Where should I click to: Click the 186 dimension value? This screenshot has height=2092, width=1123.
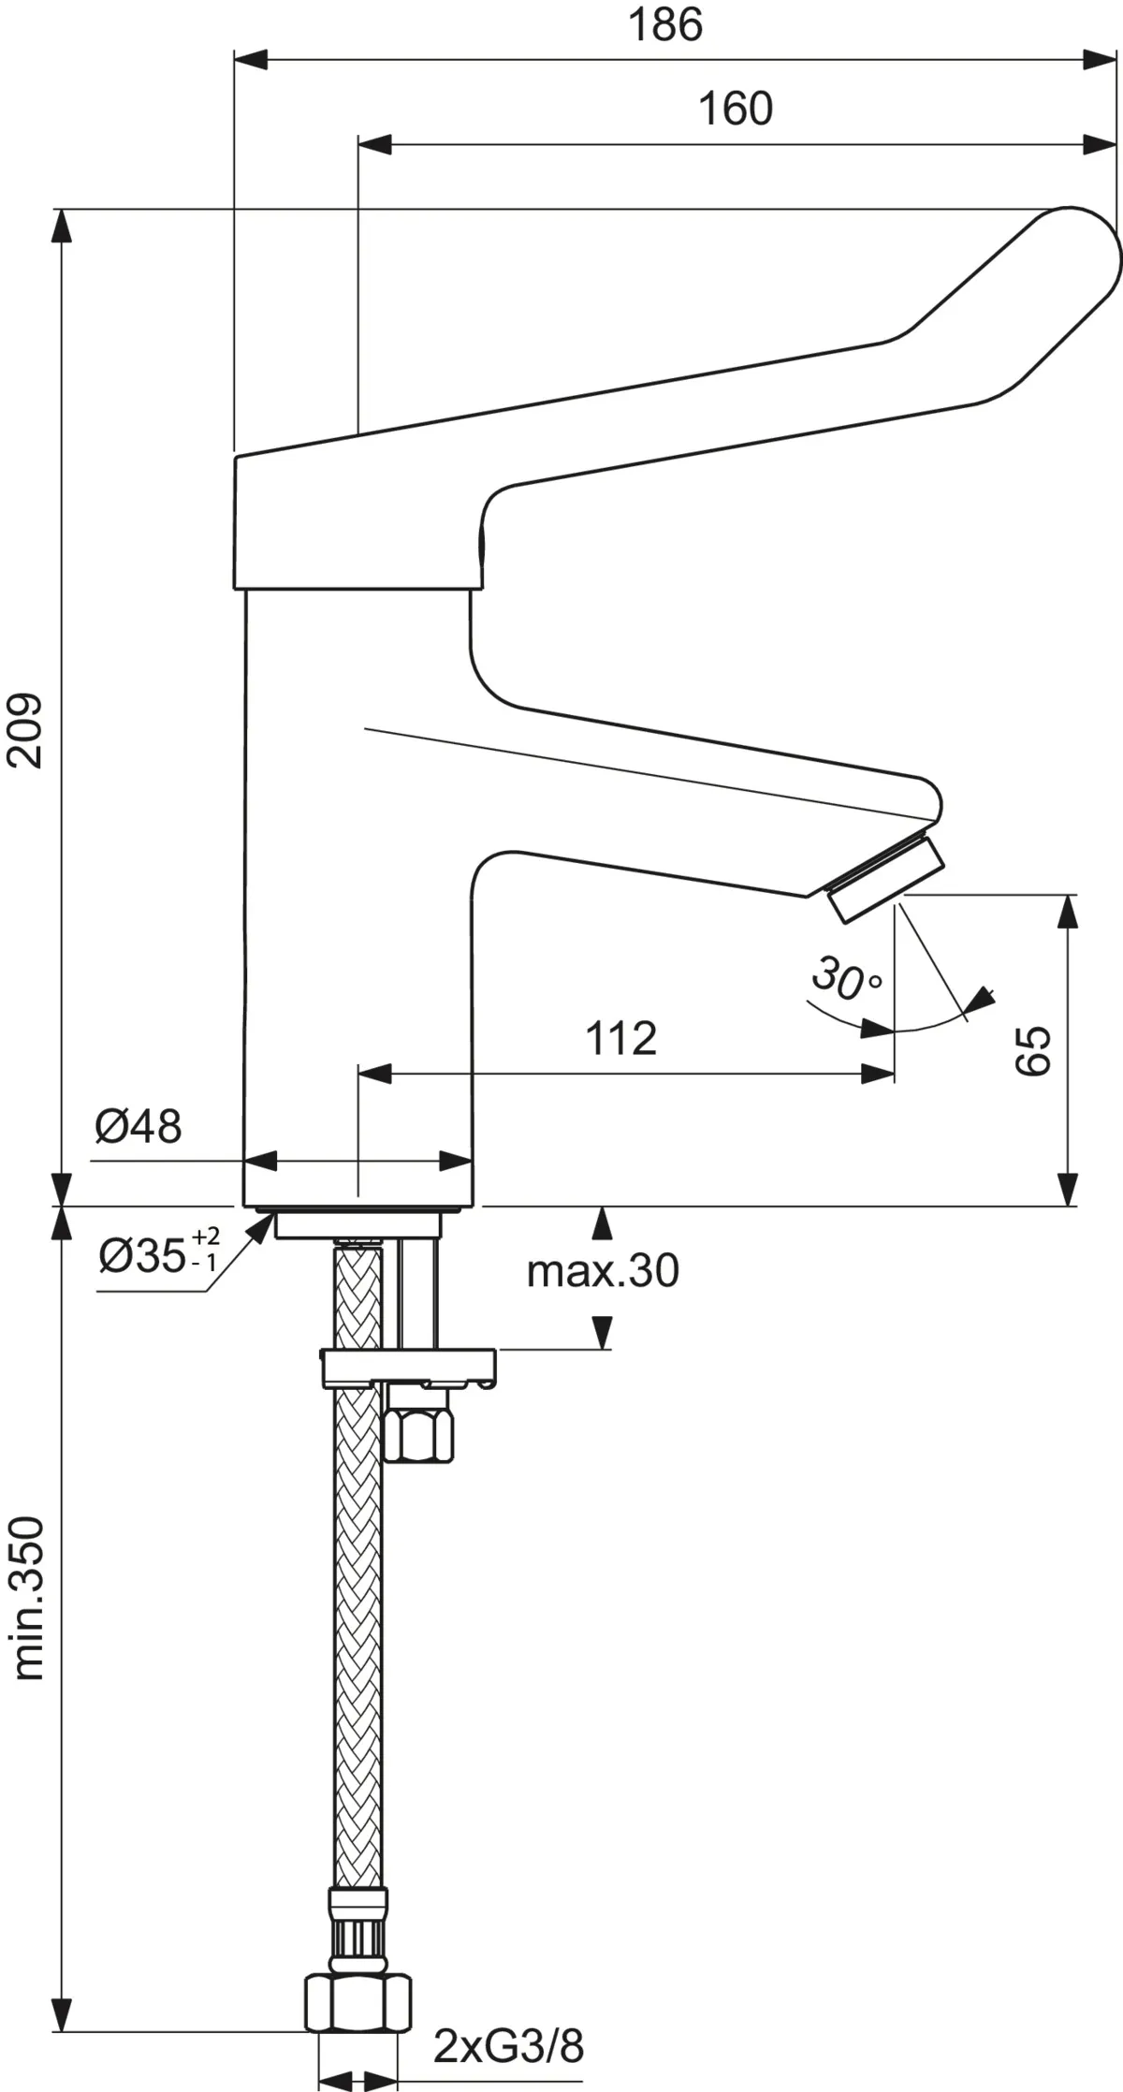pyautogui.click(x=664, y=25)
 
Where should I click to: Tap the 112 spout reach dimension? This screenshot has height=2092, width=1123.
pyautogui.click(x=620, y=1038)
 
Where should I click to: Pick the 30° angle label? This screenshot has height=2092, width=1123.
pyautogui.click(x=844, y=977)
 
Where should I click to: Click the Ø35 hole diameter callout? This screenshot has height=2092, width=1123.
pyautogui.click(x=157, y=1255)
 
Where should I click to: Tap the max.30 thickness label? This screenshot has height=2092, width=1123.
pyautogui.click(x=603, y=1270)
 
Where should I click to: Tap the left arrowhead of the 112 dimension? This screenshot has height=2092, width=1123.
pyautogui.click(x=374, y=1074)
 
